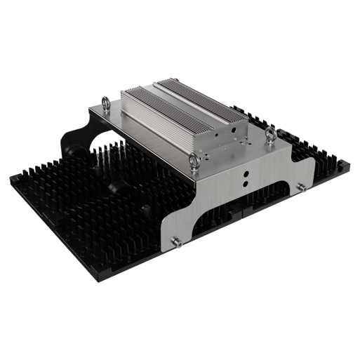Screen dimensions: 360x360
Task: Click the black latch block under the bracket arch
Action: pos(239,208)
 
